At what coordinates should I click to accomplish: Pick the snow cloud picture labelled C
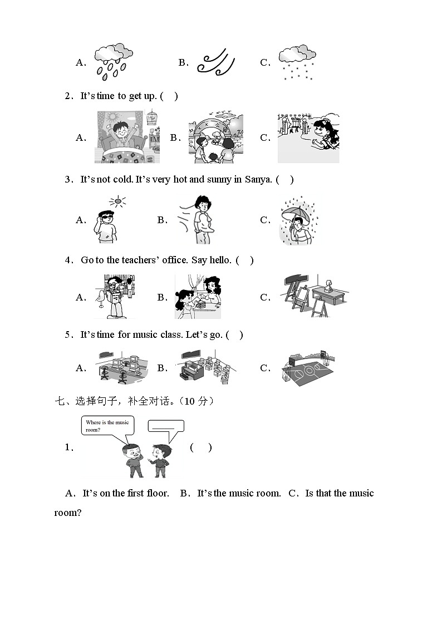(x=297, y=62)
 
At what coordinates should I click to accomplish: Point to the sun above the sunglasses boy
(x=117, y=201)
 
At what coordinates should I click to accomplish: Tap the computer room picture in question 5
(x=122, y=367)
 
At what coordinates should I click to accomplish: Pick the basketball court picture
(x=308, y=368)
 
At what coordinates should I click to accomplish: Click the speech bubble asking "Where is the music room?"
(x=106, y=426)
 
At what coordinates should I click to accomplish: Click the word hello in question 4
(x=219, y=260)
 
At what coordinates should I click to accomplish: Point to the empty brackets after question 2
(x=169, y=96)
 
